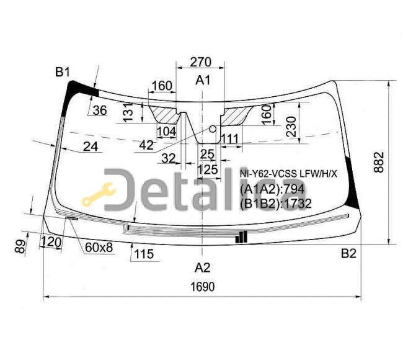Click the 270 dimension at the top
(x=200, y=62)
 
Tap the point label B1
(x=63, y=72)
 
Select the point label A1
(x=203, y=80)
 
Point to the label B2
(x=348, y=254)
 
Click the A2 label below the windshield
(x=203, y=268)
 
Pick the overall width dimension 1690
(x=202, y=287)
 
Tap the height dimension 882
(x=379, y=163)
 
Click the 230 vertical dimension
(x=291, y=127)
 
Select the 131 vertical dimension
(x=128, y=112)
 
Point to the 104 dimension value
(x=167, y=132)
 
